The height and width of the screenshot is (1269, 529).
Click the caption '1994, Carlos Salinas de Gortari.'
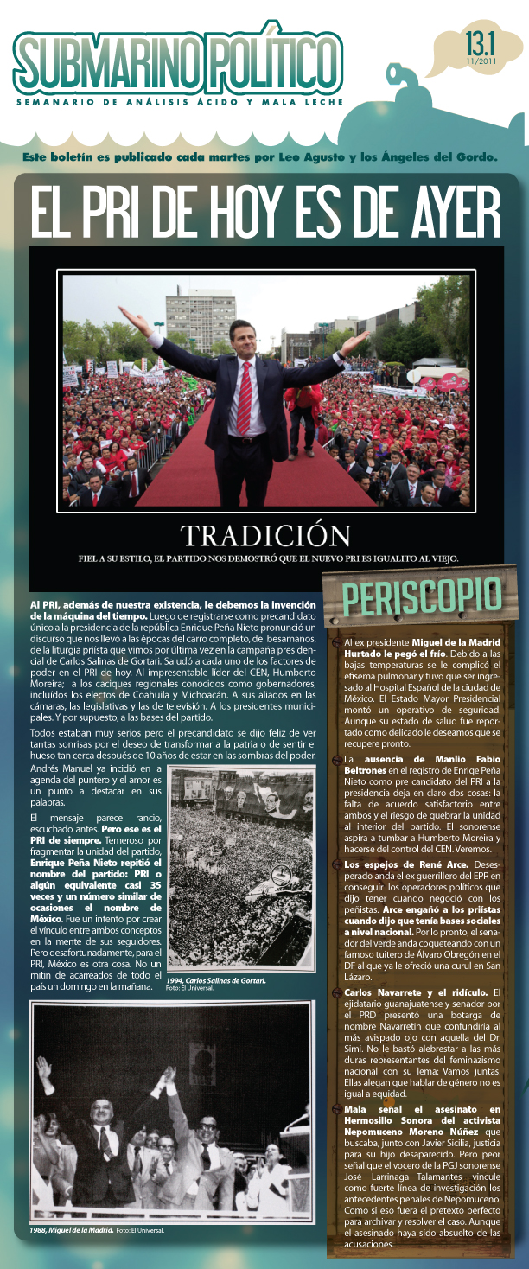[x=217, y=980]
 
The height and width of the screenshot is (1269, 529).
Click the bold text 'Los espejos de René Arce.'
[x=394, y=864]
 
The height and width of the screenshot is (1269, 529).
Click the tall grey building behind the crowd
[x=201, y=315]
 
